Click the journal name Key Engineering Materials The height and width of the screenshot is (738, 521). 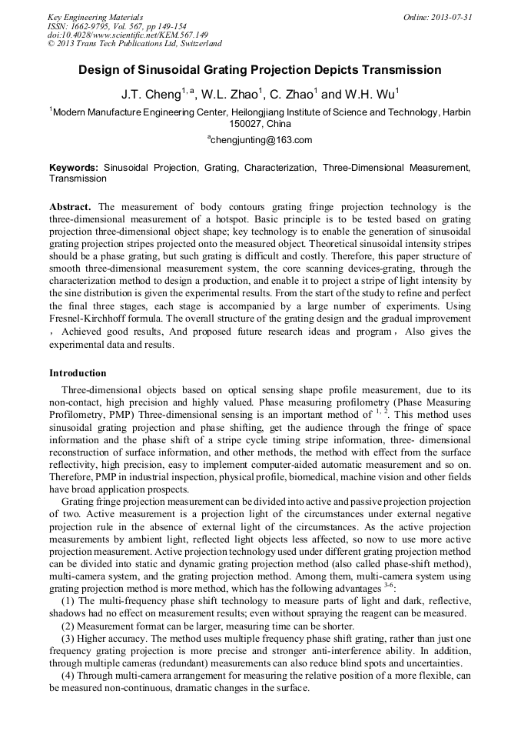(x=95, y=17)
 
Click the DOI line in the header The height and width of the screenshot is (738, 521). (x=128, y=35)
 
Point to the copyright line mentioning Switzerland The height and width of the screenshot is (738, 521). (x=134, y=45)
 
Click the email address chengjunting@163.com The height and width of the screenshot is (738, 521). (x=261, y=140)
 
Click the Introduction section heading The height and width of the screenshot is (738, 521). (x=78, y=373)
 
